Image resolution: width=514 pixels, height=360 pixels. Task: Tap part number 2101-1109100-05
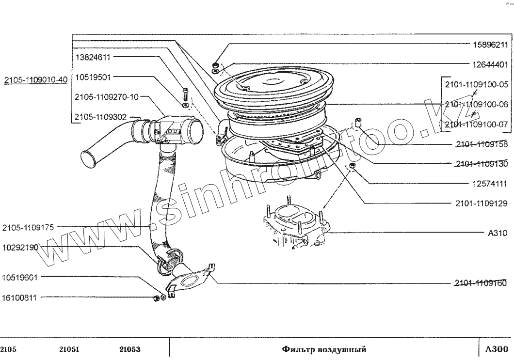(476, 84)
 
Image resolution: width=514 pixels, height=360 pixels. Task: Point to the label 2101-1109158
(482, 144)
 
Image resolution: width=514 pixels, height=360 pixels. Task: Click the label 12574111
(490, 184)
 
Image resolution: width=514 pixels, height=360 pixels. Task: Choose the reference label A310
(498, 233)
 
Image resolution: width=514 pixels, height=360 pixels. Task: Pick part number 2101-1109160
(482, 283)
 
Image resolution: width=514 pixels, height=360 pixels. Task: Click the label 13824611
(93, 57)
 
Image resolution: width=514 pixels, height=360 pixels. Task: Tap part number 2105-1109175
(28, 226)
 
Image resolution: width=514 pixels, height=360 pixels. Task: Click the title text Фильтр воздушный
(324, 349)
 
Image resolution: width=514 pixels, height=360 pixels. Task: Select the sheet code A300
(496, 349)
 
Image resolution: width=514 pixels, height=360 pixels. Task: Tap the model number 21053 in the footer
(129, 349)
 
